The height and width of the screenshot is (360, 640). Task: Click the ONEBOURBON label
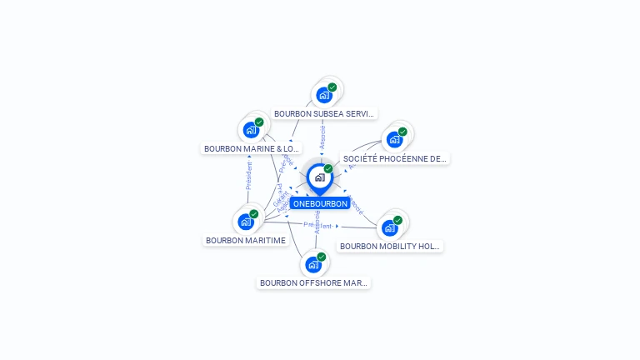320,203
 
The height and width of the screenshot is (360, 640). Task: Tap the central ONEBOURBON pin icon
319,177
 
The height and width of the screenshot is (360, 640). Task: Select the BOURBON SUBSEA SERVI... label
324,113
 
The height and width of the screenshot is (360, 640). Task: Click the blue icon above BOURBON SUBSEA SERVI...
323,94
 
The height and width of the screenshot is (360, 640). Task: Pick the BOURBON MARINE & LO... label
252,149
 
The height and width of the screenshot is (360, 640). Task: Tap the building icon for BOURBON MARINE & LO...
251,130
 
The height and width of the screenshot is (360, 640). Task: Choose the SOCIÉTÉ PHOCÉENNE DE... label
394,158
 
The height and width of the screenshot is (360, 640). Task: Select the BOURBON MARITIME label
246,241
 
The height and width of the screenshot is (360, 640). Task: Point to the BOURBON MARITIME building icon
245,222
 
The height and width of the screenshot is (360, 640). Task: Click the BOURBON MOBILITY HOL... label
389,247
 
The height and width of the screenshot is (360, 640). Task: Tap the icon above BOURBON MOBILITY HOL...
388,227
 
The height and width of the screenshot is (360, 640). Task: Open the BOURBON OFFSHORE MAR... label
313,283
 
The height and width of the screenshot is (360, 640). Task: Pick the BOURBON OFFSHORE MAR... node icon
312,264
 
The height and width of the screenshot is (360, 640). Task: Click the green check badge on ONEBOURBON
328,169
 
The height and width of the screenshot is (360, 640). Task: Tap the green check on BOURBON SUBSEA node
332,87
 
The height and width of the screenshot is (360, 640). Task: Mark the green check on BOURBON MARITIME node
254,214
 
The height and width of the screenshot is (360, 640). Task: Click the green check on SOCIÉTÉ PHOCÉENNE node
402,132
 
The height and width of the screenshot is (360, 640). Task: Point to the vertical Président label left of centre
248,177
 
